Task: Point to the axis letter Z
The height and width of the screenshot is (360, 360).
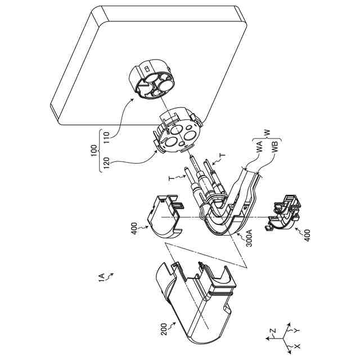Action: (x=272, y=331)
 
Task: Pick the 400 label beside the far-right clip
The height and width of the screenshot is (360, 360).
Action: (x=307, y=233)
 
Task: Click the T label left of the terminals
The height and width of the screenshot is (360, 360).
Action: (x=172, y=178)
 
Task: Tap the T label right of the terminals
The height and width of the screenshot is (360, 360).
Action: (x=222, y=155)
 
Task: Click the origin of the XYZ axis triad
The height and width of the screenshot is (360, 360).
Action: (x=283, y=337)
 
